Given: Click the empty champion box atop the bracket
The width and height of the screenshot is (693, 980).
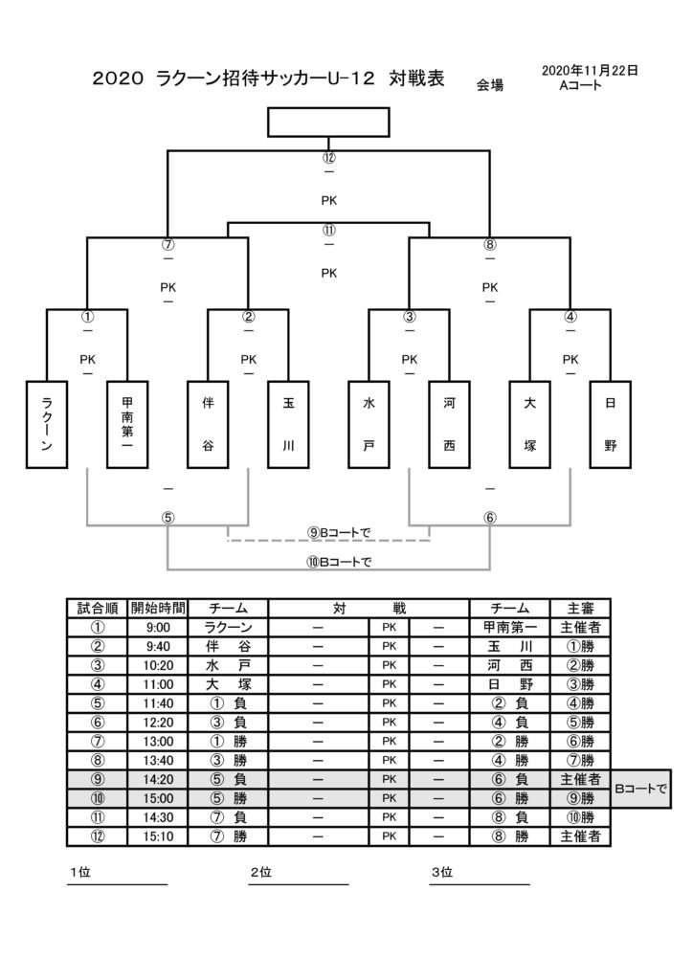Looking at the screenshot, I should [x=328, y=122].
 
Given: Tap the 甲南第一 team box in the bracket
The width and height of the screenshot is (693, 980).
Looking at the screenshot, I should [x=127, y=425].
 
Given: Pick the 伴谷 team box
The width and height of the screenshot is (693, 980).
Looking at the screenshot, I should [x=208, y=425].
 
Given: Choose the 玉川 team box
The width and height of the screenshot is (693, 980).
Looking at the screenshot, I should [x=288, y=425].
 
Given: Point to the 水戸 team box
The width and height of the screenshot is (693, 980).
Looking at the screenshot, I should [x=369, y=425].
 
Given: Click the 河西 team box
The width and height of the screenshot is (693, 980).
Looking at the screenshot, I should [x=450, y=425].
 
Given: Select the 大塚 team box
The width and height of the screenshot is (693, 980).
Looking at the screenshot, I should [x=530, y=425].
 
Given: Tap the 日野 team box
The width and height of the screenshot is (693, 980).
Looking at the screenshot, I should [x=611, y=425].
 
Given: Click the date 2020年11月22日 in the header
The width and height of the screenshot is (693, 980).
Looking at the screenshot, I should [x=590, y=71].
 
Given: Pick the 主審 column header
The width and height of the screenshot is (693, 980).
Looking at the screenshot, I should [x=580, y=608].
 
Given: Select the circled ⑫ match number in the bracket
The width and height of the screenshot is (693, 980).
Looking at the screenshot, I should [x=329, y=158].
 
